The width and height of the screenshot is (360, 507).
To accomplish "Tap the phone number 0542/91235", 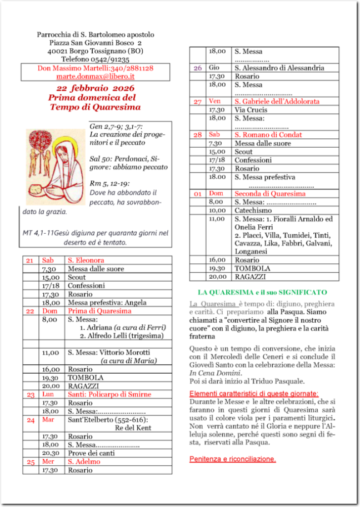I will (96, 59).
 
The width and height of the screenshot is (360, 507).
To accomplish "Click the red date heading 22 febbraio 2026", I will (95, 88).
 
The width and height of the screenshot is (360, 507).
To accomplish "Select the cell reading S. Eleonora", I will (86, 260).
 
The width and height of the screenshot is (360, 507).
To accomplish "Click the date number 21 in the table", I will (30, 260).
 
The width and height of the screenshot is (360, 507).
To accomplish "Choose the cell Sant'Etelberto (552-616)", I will (103, 420).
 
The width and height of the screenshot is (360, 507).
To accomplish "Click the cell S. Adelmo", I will (83, 461).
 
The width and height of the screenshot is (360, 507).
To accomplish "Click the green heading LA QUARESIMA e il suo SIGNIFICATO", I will (263, 292).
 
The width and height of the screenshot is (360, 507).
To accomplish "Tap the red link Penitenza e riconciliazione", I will (232, 460).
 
